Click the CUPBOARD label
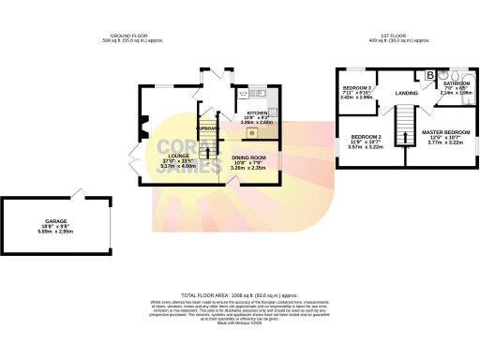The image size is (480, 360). (206, 127)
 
